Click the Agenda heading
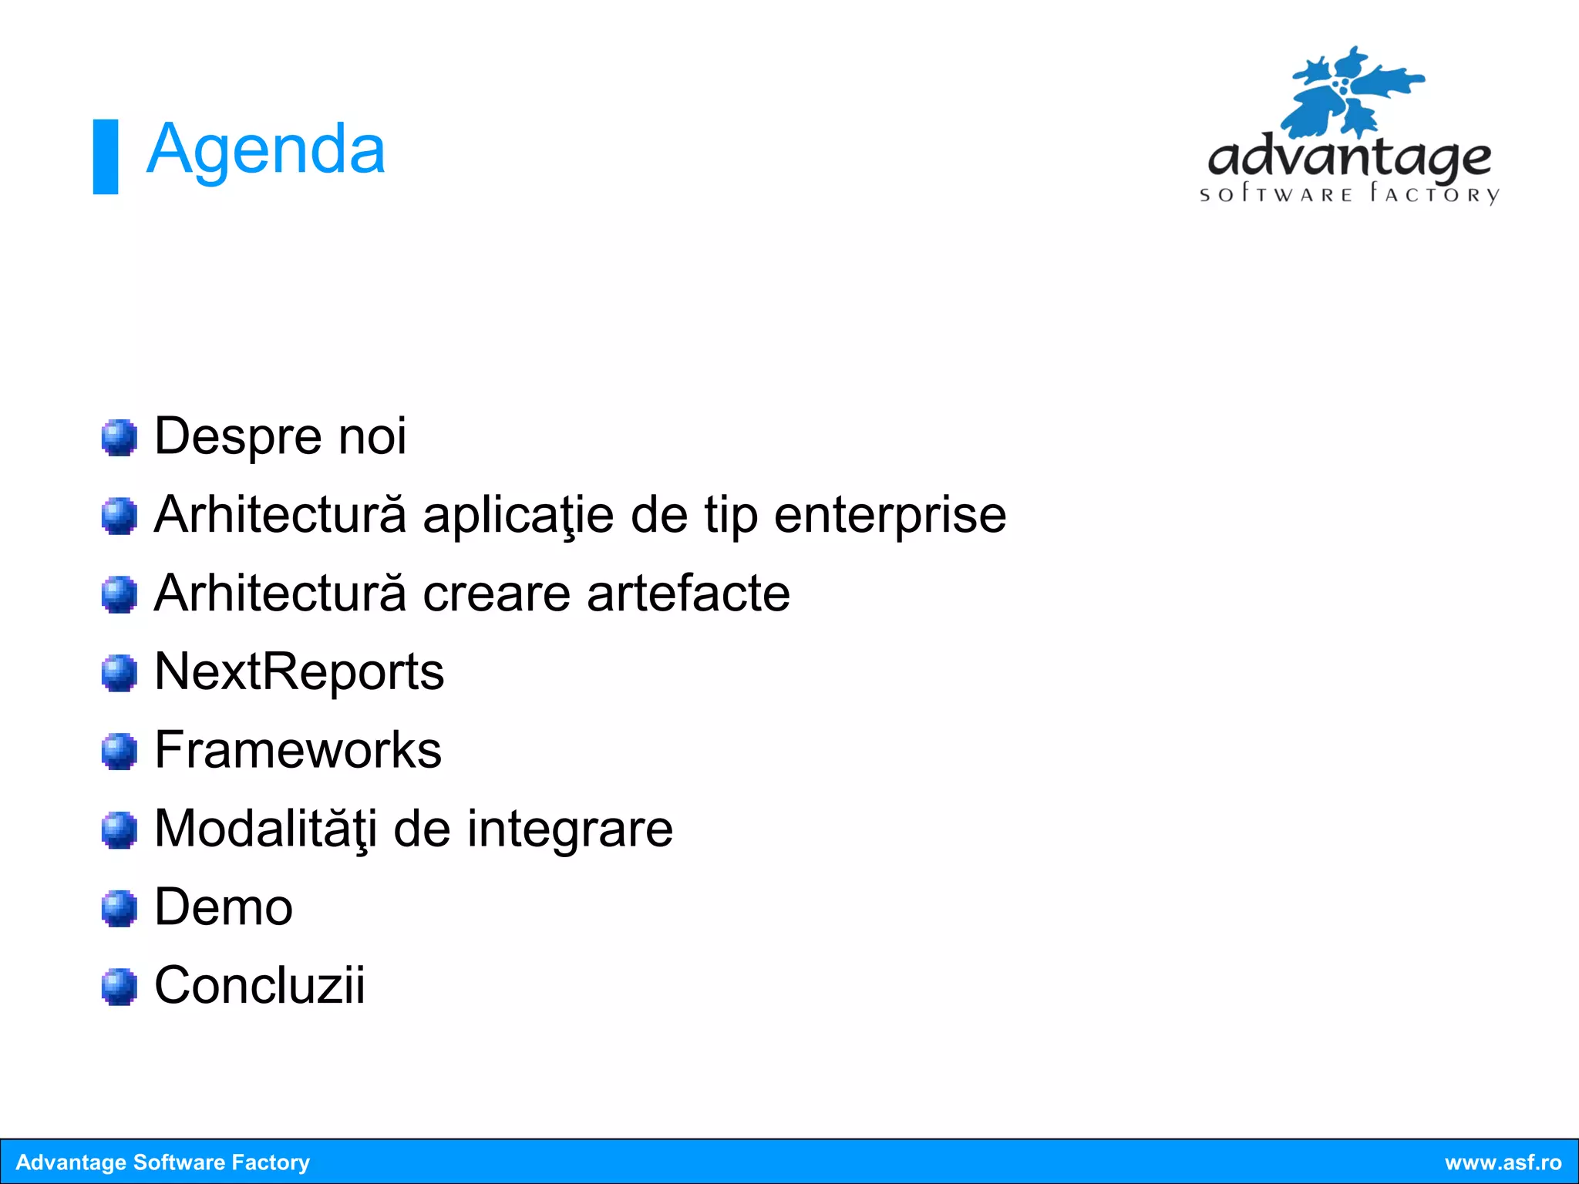click(x=265, y=150)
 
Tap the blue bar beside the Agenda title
click(x=106, y=156)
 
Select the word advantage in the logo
click(x=1349, y=158)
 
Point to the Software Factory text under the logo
click(x=1349, y=193)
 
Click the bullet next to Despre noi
click(x=120, y=438)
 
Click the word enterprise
click(x=890, y=515)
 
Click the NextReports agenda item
click(x=299, y=671)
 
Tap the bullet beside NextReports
click(x=120, y=673)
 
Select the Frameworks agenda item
click(x=298, y=750)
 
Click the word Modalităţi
click(x=266, y=829)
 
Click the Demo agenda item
click(x=224, y=907)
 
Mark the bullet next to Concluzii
click(x=120, y=987)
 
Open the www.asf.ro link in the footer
click(x=1503, y=1162)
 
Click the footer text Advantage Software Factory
click(x=163, y=1162)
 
